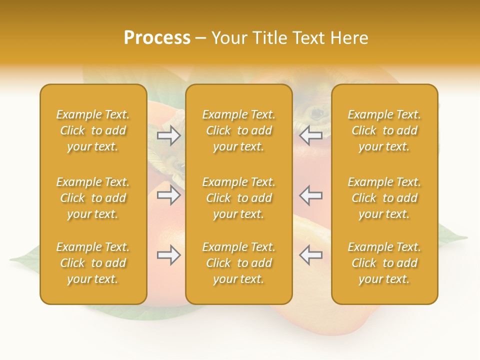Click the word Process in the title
click(x=157, y=38)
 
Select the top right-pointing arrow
click(x=168, y=135)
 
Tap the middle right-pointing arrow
click(x=168, y=195)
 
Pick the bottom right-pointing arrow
click(x=168, y=255)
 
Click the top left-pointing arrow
click(x=311, y=135)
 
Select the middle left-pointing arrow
click(x=311, y=195)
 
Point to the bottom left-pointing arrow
click(x=311, y=255)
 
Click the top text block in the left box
click(x=93, y=130)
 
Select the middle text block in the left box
click(x=93, y=198)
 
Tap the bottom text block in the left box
click(x=93, y=263)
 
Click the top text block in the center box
click(x=238, y=130)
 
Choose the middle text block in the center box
click(x=238, y=198)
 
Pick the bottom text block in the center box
click(x=238, y=263)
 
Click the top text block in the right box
click(x=384, y=130)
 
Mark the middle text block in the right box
click(x=384, y=198)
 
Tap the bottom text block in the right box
click(x=384, y=263)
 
